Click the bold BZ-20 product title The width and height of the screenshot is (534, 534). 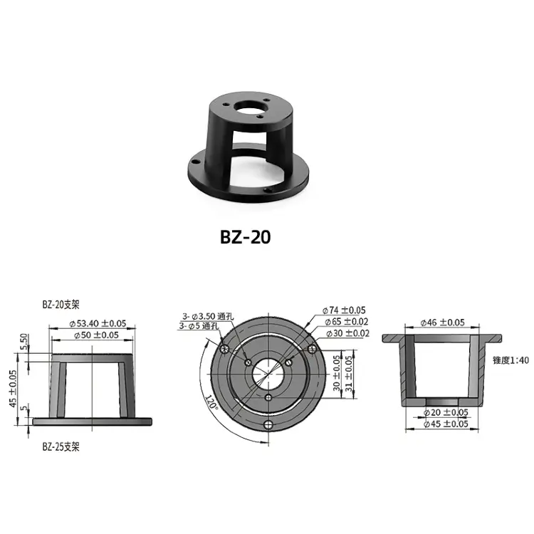tap(245, 236)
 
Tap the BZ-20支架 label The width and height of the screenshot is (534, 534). tap(61, 305)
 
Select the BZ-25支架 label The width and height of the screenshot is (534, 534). tap(61, 446)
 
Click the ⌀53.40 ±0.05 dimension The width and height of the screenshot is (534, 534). tap(98, 323)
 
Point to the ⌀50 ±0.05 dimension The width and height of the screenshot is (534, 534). tap(96, 335)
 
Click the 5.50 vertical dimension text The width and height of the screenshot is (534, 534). tap(23, 342)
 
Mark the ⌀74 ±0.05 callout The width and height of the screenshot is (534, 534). tap(344, 310)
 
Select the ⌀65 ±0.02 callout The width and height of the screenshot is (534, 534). tap(346, 322)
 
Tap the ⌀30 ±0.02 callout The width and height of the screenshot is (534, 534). tap(347, 333)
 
